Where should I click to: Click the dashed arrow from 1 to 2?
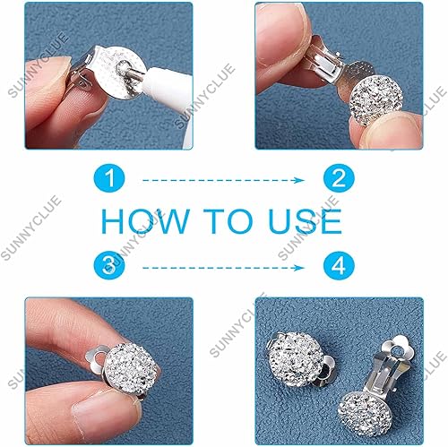tap(224, 180)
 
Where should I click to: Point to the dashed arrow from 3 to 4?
tap(224, 267)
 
